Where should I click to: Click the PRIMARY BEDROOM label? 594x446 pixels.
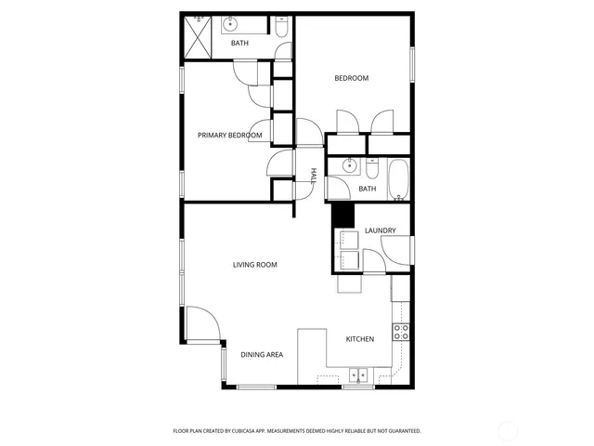click(x=229, y=136)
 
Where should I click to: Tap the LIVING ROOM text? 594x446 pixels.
click(x=254, y=265)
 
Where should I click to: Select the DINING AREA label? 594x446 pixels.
click(x=262, y=355)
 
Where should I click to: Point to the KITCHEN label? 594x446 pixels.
click(x=360, y=339)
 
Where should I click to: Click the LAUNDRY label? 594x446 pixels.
click(x=381, y=230)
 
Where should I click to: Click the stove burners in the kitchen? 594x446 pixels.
click(x=402, y=331)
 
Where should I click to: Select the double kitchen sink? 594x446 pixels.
click(x=358, y=376)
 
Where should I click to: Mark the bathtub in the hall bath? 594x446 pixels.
click(x=398, y=180)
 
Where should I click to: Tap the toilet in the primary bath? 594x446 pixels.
click(x=280, y=30)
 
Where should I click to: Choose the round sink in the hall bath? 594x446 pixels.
click(x=349, y=167)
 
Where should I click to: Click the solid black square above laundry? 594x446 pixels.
click(x=343, y=215)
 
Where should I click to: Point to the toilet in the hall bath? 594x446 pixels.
click(x=371, y=169)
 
